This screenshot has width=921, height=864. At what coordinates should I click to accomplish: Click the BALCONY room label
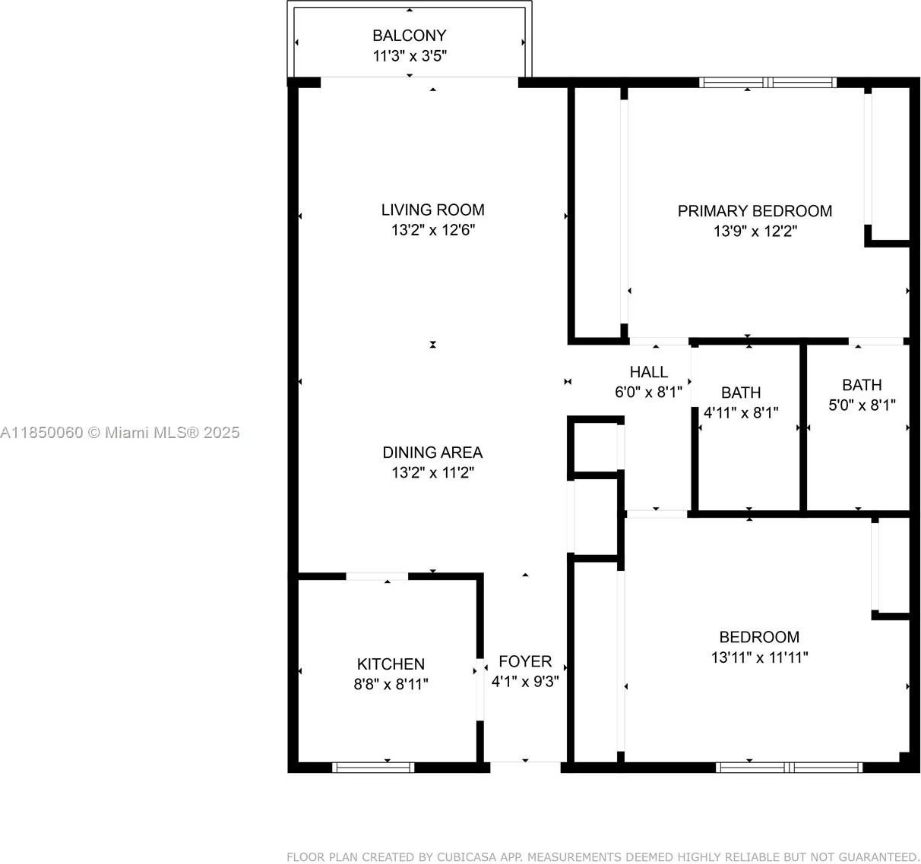coord(410,36)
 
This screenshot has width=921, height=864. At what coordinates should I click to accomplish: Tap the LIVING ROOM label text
coord(432,210)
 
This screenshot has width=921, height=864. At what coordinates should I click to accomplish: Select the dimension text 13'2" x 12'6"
coord(433,230)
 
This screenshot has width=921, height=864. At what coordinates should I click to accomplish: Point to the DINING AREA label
coord(432,452)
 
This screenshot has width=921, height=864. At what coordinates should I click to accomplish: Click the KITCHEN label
coord(391,664)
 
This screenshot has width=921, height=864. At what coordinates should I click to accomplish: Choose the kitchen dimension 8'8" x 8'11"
coord(391,684)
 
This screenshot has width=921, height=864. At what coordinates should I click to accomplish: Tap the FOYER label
coord(525,661)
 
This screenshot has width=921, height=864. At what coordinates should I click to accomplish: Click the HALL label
coord(648,372)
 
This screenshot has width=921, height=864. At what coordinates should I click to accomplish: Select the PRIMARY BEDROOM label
coord(755,211)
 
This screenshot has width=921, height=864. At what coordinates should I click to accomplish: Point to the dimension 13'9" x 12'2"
coord(755,231)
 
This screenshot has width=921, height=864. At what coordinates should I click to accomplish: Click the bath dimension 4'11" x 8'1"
coord(741,412)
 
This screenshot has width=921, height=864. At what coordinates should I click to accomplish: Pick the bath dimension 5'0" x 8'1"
coord(862,405)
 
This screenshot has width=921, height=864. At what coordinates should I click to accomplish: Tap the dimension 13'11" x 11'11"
coord(759,657)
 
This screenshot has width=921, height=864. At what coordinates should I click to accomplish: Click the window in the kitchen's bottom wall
coord(373,768)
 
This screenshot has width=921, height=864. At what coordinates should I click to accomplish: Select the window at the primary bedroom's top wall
coord(768,83)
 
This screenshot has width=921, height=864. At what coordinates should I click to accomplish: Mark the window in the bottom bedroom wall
coord(789,768)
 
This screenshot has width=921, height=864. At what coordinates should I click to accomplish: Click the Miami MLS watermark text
coord(120,433)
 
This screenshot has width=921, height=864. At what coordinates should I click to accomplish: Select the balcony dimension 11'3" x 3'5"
coord(410,56)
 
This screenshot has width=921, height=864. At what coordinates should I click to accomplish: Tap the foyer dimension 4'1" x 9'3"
coord(525,681)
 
